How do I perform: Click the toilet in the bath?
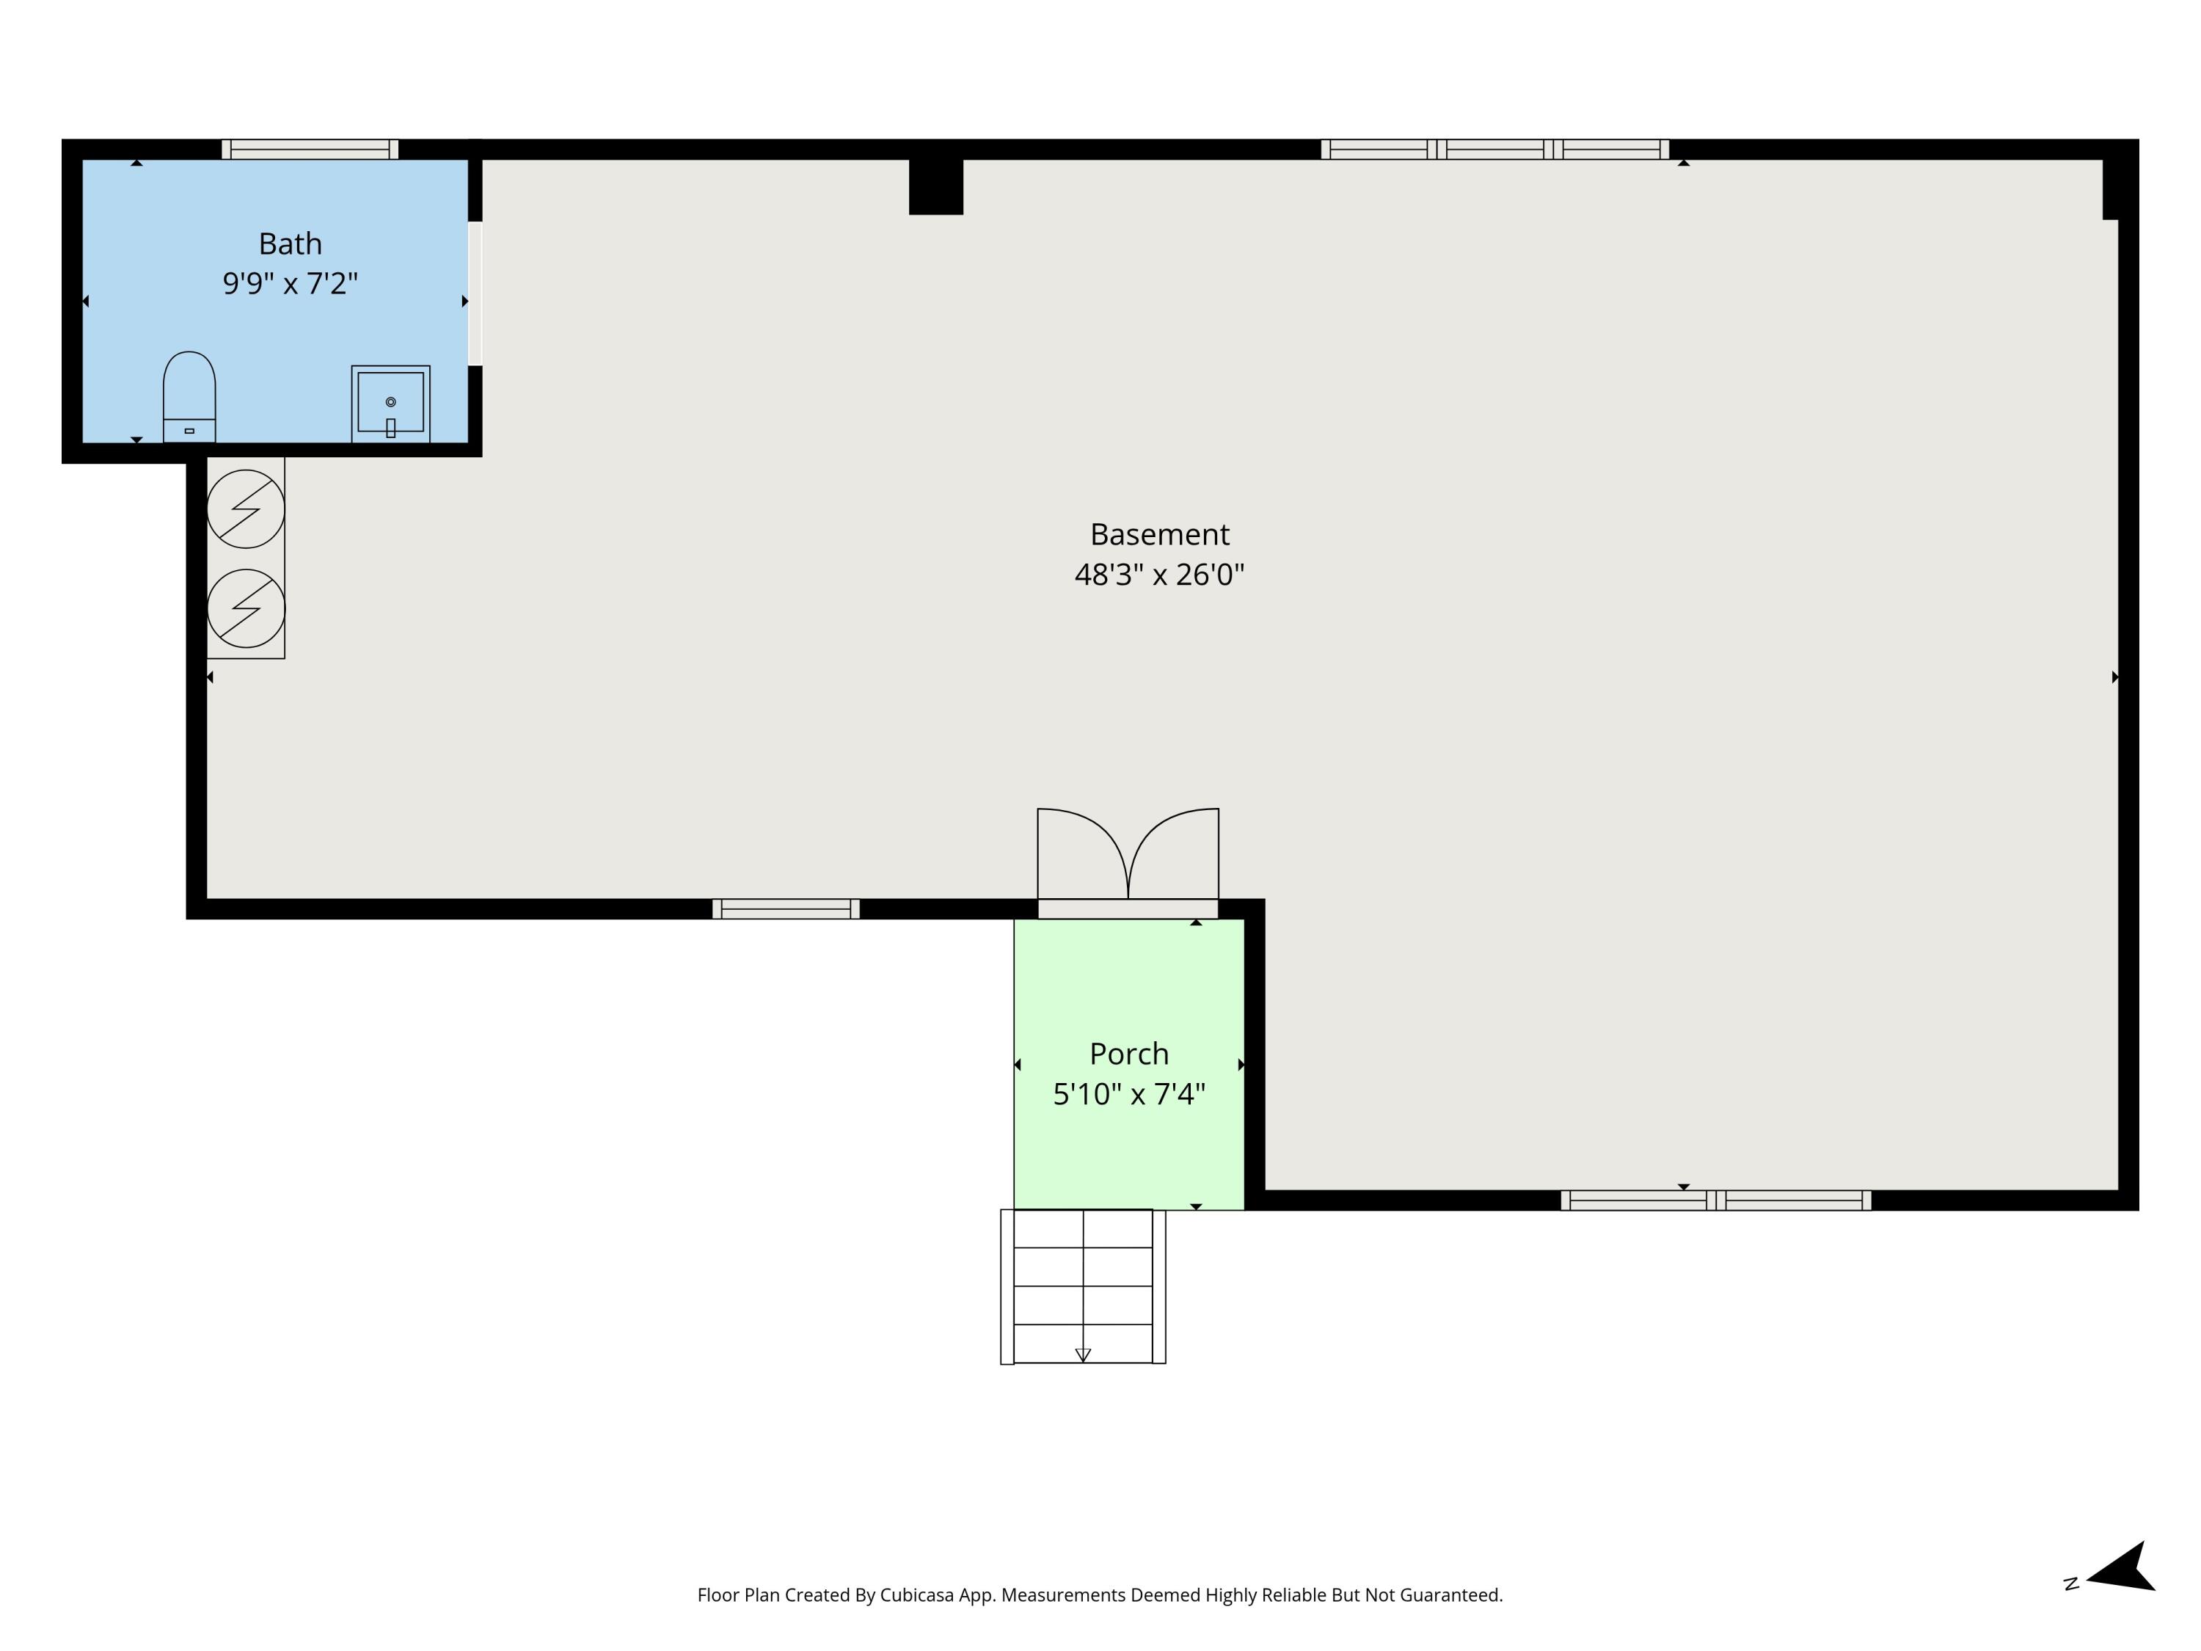189,396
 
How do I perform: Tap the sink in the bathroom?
390,402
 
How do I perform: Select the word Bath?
290,244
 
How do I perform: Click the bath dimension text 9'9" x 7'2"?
290,284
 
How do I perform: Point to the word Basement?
1159,534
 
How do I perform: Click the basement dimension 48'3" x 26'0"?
1159,575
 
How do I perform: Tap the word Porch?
1128,1054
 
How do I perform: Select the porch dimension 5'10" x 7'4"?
1128,1095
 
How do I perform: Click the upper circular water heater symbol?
246,509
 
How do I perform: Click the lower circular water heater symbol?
246,608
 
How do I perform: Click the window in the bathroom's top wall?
310,149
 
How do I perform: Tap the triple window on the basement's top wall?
1494,149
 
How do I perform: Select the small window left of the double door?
785,908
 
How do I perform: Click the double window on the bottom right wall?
1715,1200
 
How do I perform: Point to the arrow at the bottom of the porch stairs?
1083,1355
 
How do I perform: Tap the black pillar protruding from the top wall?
935,186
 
